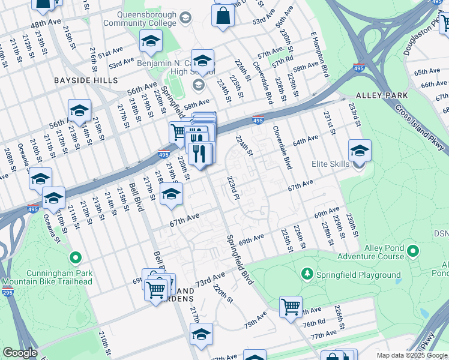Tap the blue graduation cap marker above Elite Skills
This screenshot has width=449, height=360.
(x=360, y=151)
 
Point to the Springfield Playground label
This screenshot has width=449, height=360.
(x=359, y=275)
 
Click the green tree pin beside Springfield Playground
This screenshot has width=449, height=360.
(x=307, y=274)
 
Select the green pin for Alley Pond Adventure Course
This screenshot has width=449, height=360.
(x=413, y=250)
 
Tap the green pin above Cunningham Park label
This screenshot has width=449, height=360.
(x=75, y=259)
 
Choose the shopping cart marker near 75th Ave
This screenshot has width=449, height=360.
(x=291, y=307)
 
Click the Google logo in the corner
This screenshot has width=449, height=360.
(x=20, y=353)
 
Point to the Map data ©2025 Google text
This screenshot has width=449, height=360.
(x=412, y=355)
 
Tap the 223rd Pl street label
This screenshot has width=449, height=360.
(x=234, y=187)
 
